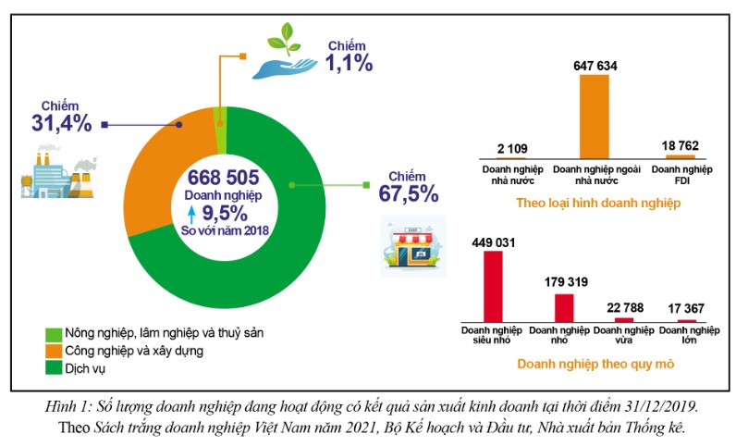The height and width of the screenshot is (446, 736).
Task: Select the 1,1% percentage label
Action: [349, 63]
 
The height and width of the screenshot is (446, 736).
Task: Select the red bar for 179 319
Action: [563, 306]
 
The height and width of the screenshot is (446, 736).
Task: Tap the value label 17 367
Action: [686, 307]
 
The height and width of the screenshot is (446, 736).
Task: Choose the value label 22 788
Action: [625, 305]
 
